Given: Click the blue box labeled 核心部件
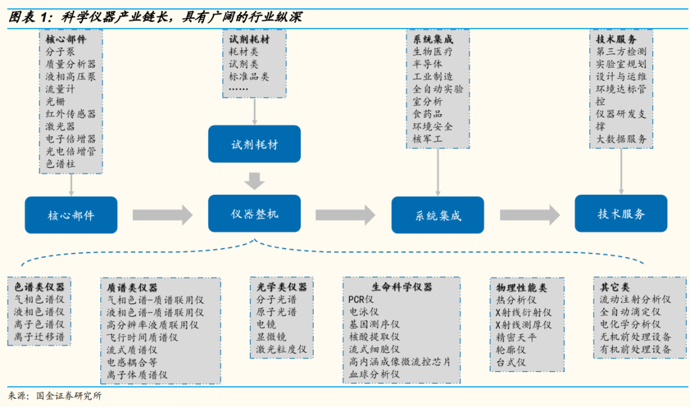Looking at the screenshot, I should coord(71,215).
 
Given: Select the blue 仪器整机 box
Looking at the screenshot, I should coord(254,214).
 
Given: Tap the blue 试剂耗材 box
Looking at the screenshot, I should coord(254,144).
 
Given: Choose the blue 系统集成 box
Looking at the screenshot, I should coord(438,215).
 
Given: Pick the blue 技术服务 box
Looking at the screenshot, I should coord(621,214).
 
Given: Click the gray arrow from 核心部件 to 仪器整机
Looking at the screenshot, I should coord(162,215).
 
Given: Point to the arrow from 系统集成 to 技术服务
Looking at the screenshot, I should coord(530,215).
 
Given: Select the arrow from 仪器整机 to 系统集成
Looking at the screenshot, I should coord(346,215).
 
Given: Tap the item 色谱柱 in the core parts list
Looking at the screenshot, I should coord(60,164).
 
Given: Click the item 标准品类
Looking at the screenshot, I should coord(249,76).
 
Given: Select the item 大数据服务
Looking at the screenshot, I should coord(622,139).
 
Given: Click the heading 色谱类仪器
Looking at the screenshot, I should coord(40,287).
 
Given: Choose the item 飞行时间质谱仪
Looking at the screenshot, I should coord(142,337).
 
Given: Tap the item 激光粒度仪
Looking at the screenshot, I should coord(281,349).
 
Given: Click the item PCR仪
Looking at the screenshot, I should coord(362,299).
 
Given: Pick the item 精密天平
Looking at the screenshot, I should coord(516,337).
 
